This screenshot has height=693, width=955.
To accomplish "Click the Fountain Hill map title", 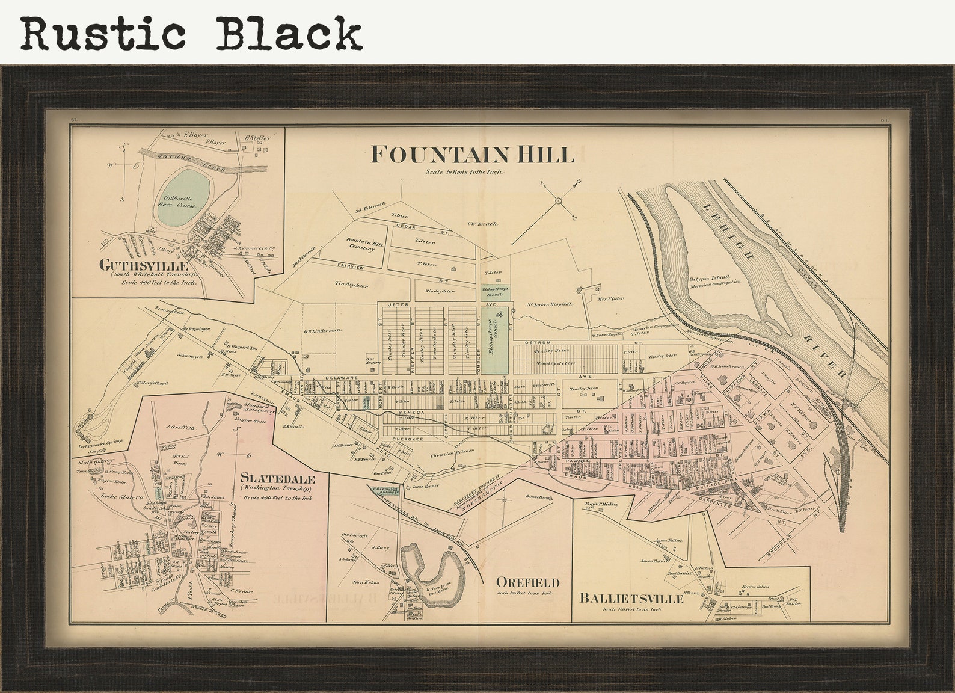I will click(472, 155).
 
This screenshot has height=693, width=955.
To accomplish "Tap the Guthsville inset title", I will click(144, 265).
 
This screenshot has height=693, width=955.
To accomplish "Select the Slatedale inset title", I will click(277, 479).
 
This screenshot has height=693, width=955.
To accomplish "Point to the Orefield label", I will click(527, 582).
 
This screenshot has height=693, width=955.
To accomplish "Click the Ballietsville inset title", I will click(631, 599).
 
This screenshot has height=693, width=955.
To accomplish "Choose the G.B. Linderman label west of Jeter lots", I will click(322, 330).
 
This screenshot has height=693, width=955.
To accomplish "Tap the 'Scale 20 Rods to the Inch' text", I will click(463, 172).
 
